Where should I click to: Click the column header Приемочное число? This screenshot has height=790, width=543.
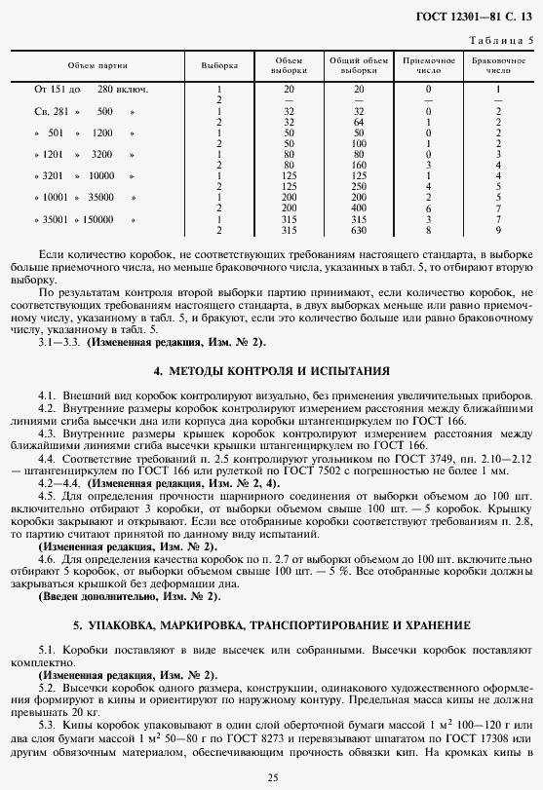click(428, 66)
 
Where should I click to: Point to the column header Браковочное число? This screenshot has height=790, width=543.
click(497, 66)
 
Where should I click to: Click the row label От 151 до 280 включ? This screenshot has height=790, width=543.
click(92, 90)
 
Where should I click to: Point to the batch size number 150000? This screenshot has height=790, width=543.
click(96, 220)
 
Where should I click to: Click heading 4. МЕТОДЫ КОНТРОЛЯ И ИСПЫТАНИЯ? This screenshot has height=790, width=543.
click(271, 371)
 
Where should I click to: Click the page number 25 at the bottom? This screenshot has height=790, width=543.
click(272, 776)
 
